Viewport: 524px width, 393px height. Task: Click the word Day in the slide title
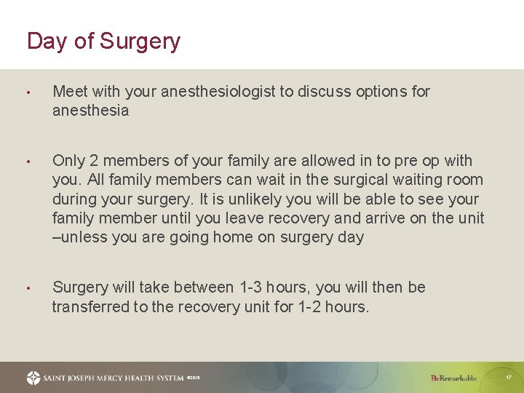point(47,41)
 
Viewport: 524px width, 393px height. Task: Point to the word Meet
point(70,92)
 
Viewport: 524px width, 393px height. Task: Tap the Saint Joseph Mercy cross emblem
point(33,378)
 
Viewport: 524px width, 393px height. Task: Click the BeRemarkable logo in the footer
point(453,378)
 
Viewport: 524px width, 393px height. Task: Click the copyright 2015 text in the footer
point(193,378)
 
